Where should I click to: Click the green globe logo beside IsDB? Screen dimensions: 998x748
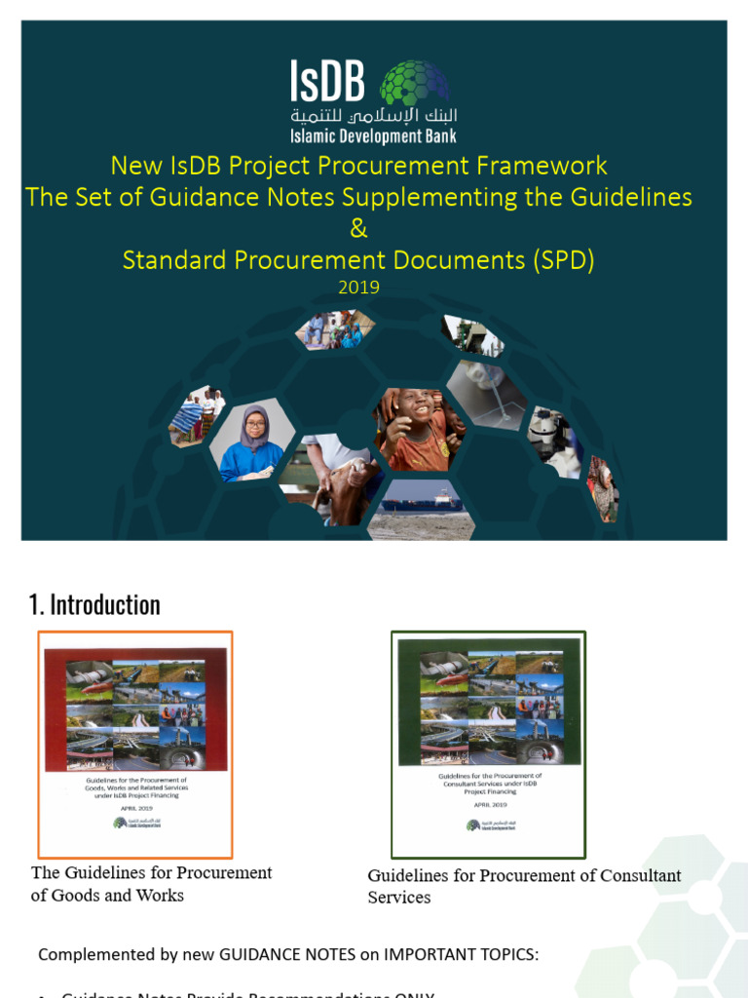(x=414, y=83)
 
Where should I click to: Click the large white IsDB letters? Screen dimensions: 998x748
(x=327, y=83)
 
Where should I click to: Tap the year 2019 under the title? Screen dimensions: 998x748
(x=358, y=288)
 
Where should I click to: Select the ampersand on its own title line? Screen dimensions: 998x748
(x=358, y=229)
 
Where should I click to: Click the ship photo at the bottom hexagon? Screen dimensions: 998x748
(x=421, y=510)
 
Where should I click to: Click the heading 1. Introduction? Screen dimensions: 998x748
(x=94, y=605)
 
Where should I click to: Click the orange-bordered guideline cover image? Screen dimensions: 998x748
(x=135, y=745)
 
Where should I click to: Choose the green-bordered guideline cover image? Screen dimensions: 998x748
(x=487, y=745)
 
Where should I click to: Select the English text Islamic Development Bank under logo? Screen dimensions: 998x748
(x=373, y=137)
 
